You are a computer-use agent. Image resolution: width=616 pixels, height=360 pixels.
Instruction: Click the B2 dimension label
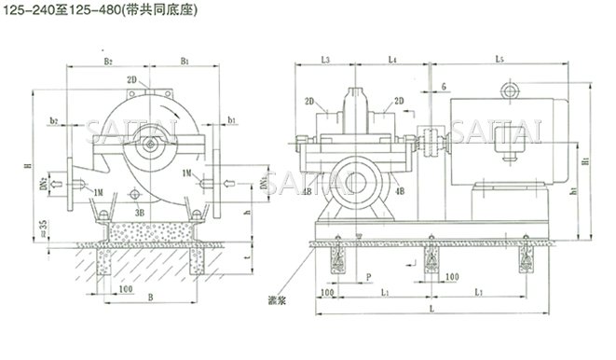pos(109,62)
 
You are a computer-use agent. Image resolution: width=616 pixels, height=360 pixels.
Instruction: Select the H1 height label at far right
pos(585,161)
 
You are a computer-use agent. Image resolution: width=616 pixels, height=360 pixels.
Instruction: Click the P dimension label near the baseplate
pos(369,278)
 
